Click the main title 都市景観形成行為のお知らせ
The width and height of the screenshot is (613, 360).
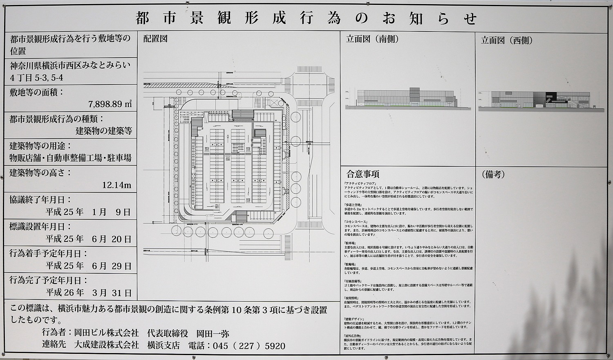tap(306, 18)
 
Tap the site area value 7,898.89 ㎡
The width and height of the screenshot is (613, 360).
tap(110, 104)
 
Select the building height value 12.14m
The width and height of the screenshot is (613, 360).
tap(116, 185)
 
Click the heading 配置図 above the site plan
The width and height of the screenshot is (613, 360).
tap(156, 39)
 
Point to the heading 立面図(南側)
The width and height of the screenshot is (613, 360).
tap(372, 39)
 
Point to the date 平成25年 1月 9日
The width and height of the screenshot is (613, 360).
tap(88, 212)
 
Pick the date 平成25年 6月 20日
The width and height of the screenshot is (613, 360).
tap(88, 239)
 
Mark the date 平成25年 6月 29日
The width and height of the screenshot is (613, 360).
tap(88, 266)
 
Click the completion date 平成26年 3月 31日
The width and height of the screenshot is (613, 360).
tap(88, 293)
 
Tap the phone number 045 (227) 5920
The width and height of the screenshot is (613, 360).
tap(249, 346)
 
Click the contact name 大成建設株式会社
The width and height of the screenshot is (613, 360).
tap(106, 345)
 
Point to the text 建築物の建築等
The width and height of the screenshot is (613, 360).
tap(104, 131)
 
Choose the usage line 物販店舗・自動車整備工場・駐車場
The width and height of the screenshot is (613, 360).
tap(70, 158)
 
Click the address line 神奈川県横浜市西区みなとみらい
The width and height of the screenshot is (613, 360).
tap(70, 65)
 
